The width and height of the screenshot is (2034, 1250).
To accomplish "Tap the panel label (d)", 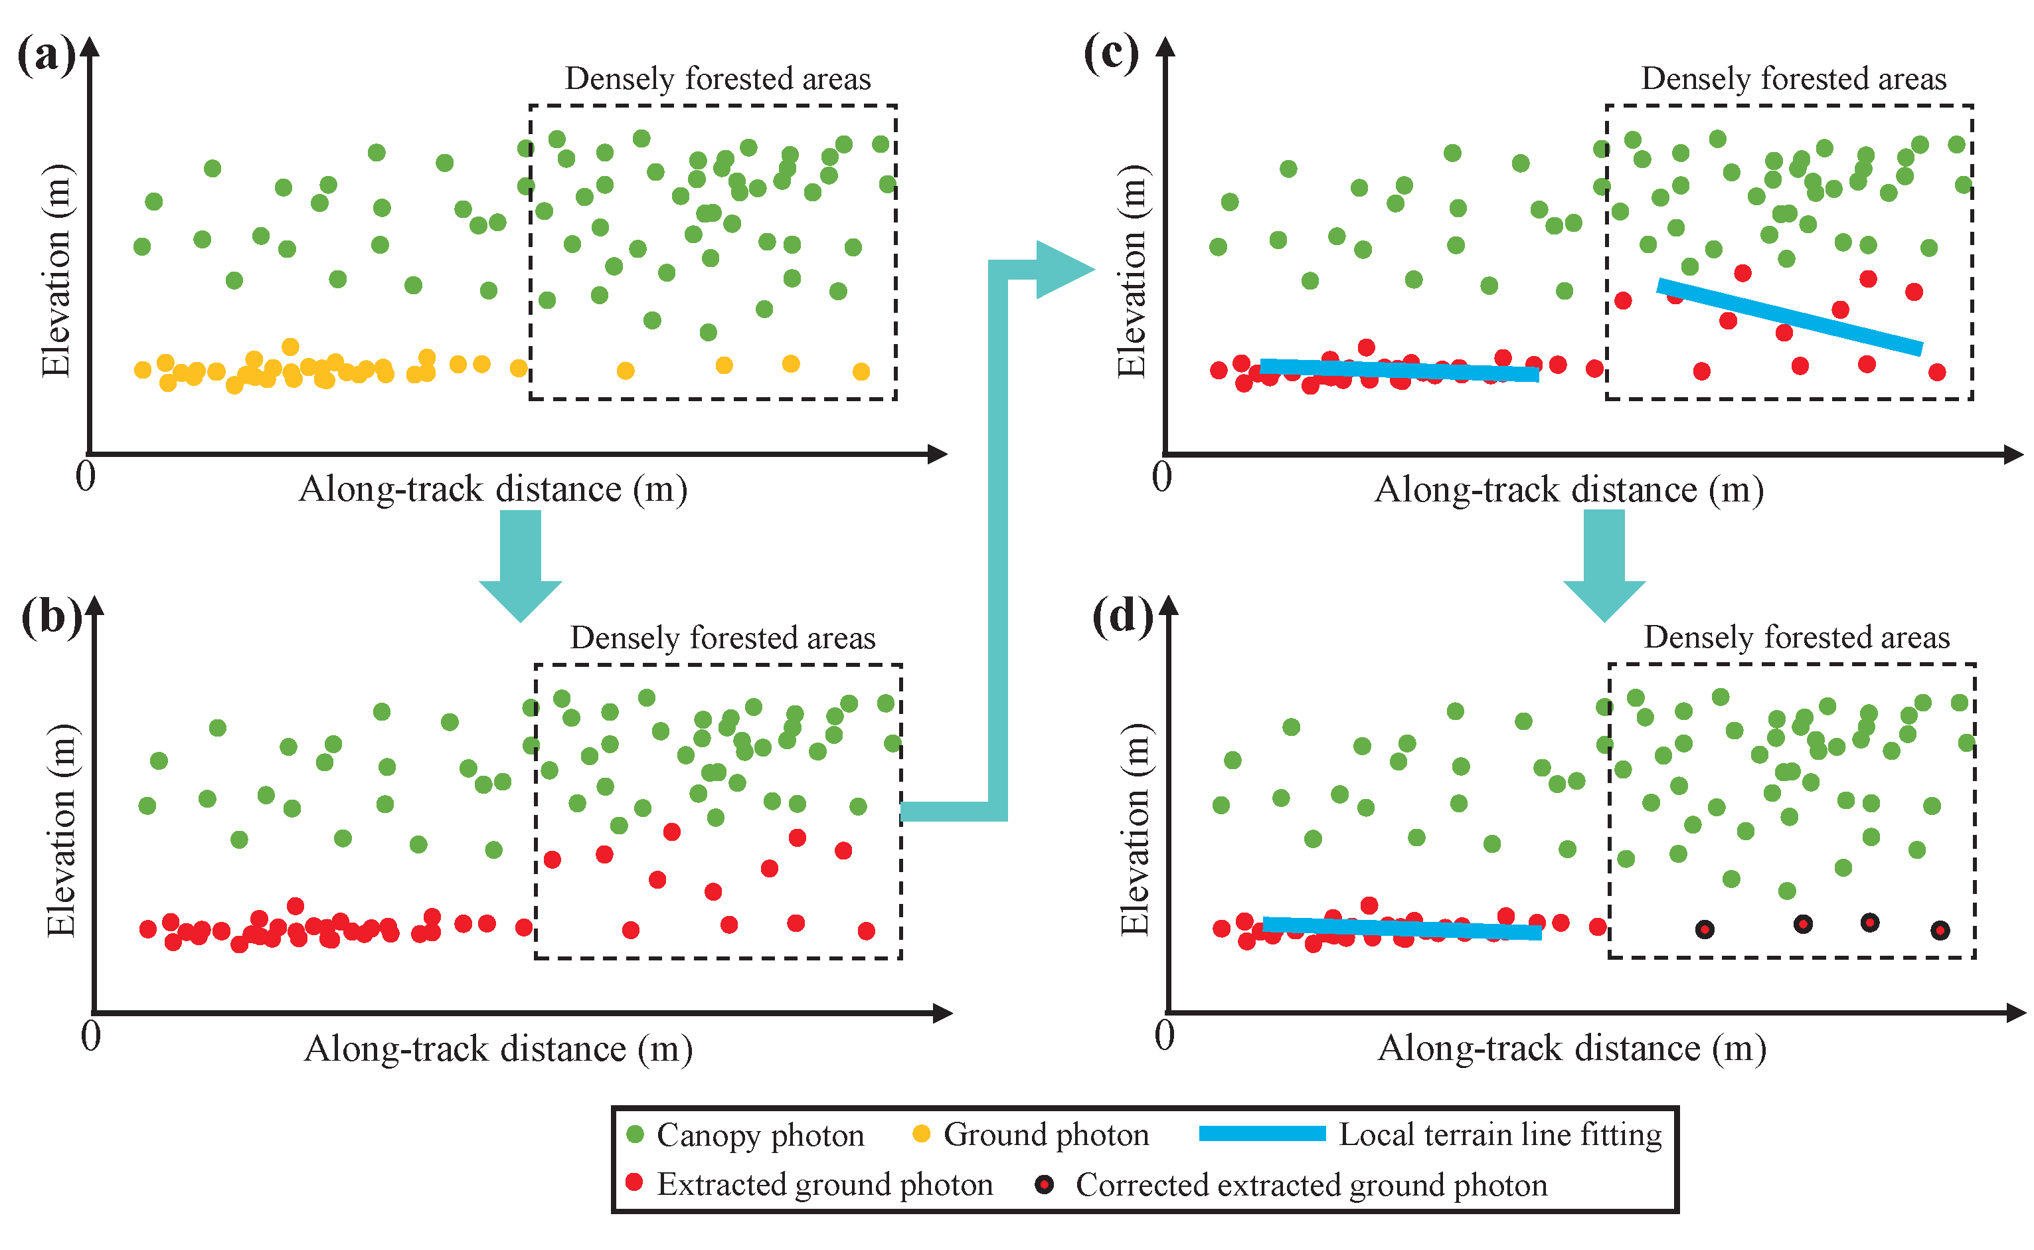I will click(x=1122, y=616).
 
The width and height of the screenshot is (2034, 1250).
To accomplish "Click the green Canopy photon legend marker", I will click(x=635, y=1134).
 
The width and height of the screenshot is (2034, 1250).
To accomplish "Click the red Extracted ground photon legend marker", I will click(x=634, y=1183).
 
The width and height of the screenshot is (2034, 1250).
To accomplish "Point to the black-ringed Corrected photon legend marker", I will click(x=1045, y=1185).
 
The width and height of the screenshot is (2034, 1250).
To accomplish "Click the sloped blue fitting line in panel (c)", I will click(x=1790, y=317).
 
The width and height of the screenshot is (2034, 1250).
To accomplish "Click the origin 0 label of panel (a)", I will click(x=85, y=477).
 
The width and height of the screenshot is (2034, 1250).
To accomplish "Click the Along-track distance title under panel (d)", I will click(x=1572, y=1048).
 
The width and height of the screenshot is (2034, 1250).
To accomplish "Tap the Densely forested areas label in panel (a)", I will click(x=717, y=79).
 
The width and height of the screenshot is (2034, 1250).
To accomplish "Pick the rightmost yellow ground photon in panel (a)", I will click(x=861, y=372).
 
